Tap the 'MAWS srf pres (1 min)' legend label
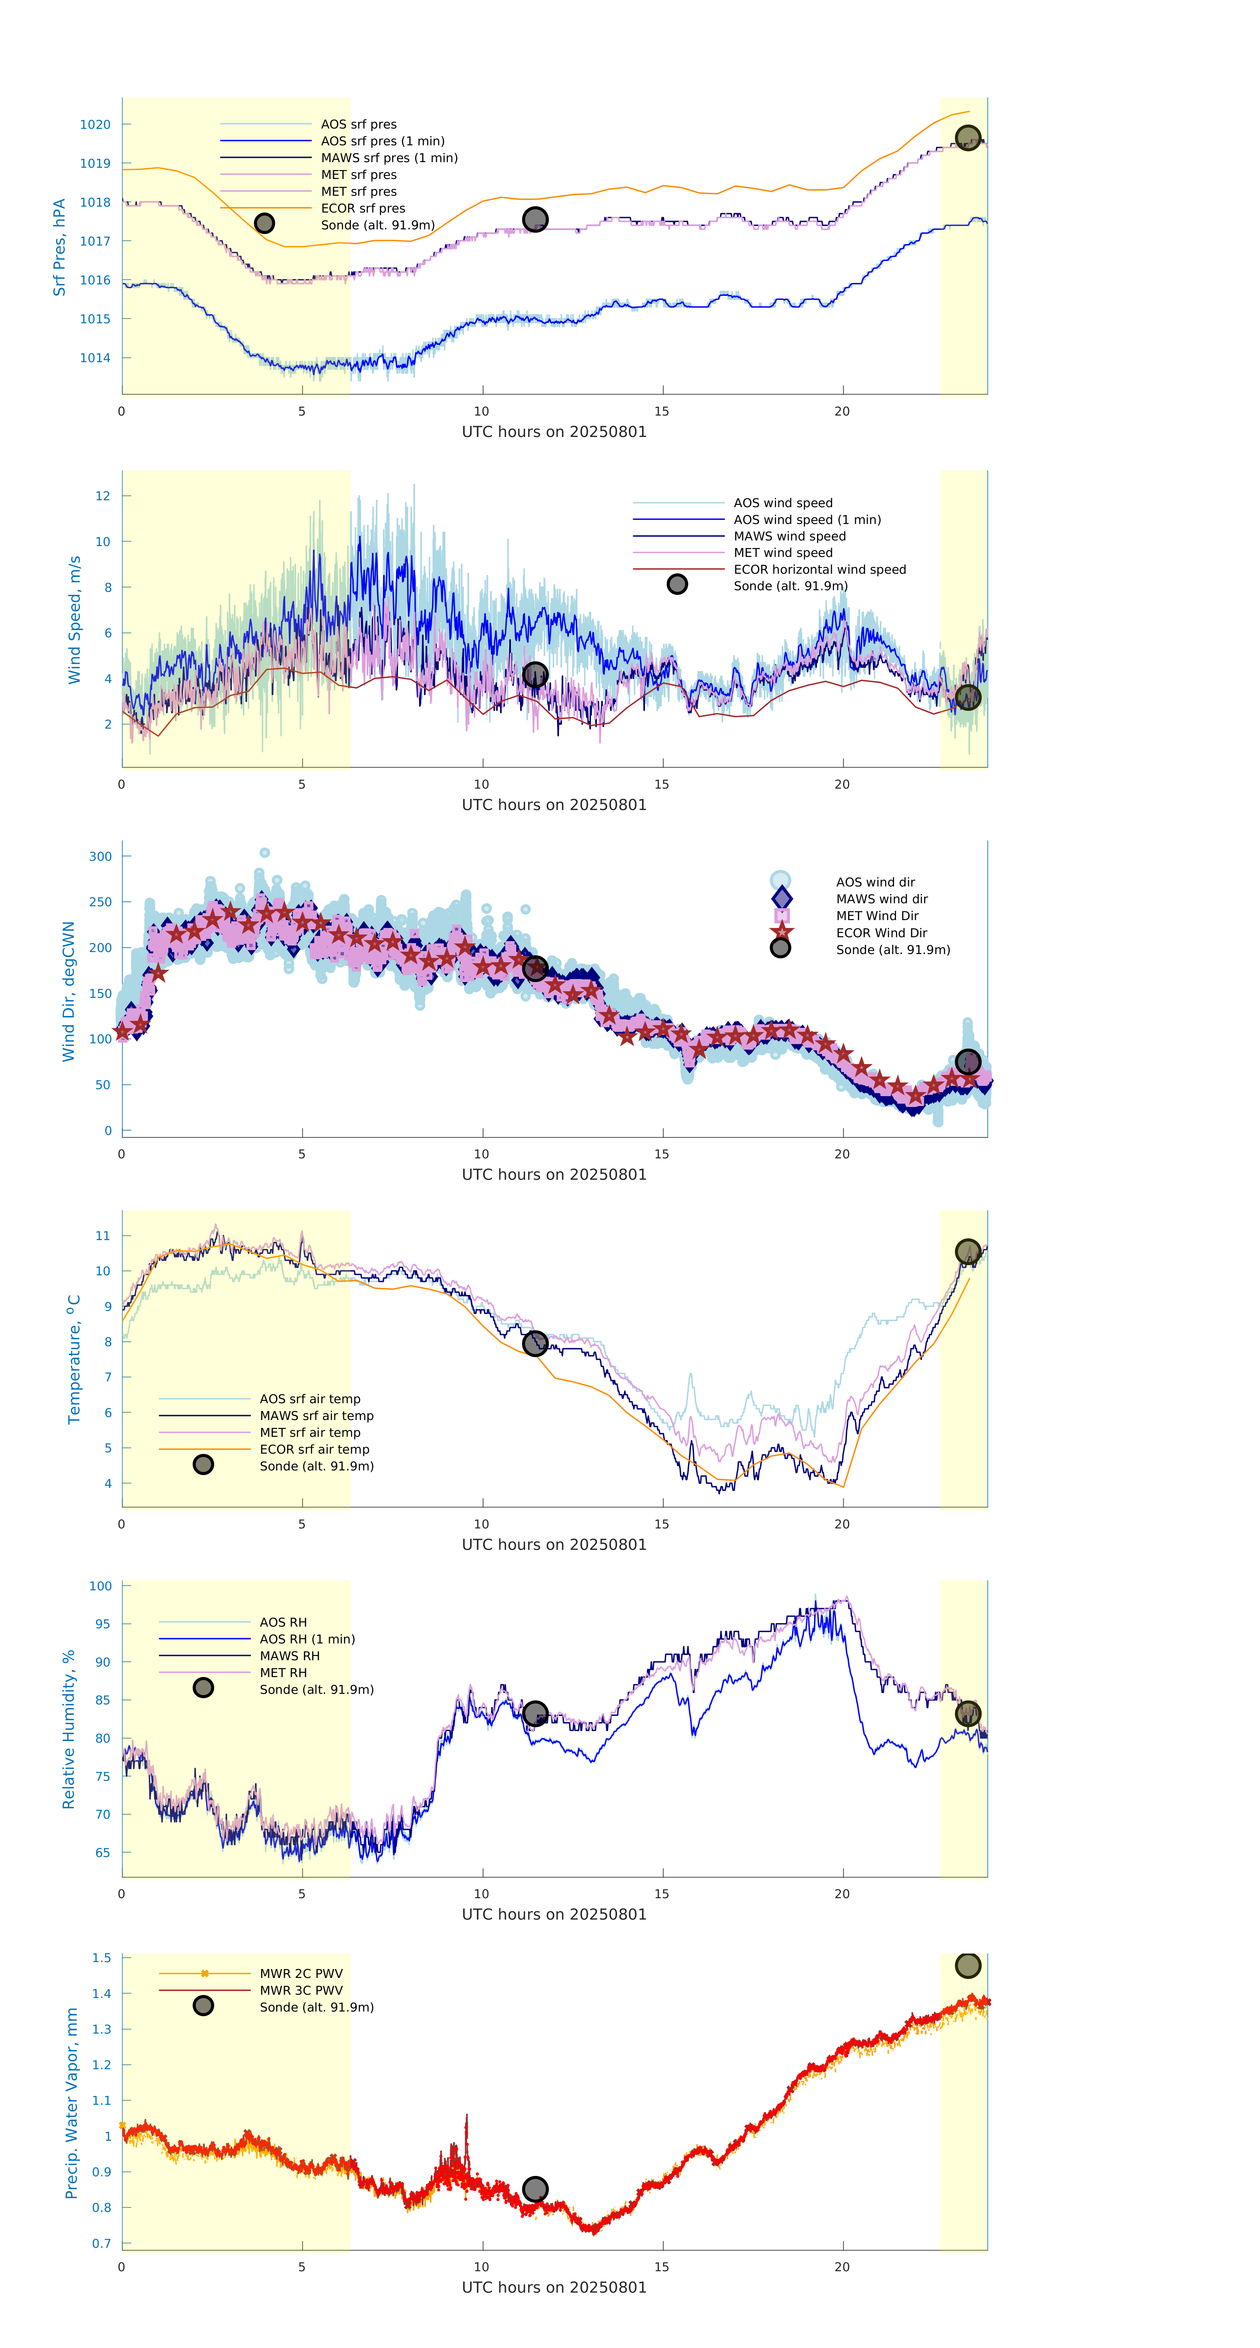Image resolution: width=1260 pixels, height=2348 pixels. (x=389, y=158)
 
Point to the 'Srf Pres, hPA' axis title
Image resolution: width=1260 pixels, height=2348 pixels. (x=59, y=247)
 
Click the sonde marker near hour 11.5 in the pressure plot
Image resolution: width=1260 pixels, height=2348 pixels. (x=535, y=220)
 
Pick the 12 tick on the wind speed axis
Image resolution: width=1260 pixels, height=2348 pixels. (x=103, y=496)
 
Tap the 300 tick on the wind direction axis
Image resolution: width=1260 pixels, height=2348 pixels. (x=100, y=857)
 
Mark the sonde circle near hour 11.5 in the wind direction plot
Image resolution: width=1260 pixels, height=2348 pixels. (x=535, y=968)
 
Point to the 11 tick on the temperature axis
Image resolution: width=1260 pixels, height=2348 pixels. (x=103, y=1236)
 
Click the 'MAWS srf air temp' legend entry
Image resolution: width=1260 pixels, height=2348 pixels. (x=316, y=1415)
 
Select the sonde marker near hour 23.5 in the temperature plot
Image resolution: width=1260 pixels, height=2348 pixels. (x=967, y=1252)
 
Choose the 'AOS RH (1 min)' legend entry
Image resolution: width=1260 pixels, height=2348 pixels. (x=307, y=1639)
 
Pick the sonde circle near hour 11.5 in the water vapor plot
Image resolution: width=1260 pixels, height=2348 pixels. (x=535, y=2189)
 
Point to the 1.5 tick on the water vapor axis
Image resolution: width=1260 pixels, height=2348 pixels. (x=101, y=1958)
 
